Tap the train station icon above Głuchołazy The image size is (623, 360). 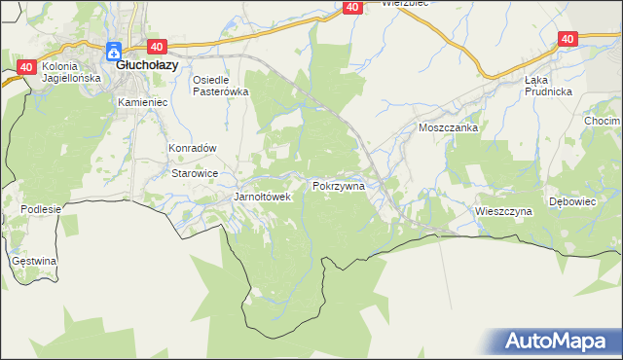click(113, 50)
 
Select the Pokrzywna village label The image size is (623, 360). click(339, 185)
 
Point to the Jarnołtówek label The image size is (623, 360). click(263, 197)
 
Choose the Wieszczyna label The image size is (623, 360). click(503, 210)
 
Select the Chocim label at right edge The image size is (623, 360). click(603, 121)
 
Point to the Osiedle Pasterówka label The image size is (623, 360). click(221, 86)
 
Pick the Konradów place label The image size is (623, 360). click(192, 148)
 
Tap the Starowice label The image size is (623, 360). click(194, 173)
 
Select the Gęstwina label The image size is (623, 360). click(34, 261)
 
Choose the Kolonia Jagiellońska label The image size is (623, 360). click(65, 71)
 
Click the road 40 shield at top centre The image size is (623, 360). click(352, 7)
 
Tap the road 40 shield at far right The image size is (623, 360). click(568, 38)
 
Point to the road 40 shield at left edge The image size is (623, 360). click(25, 67)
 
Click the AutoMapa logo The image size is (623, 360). click(558, 342)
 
